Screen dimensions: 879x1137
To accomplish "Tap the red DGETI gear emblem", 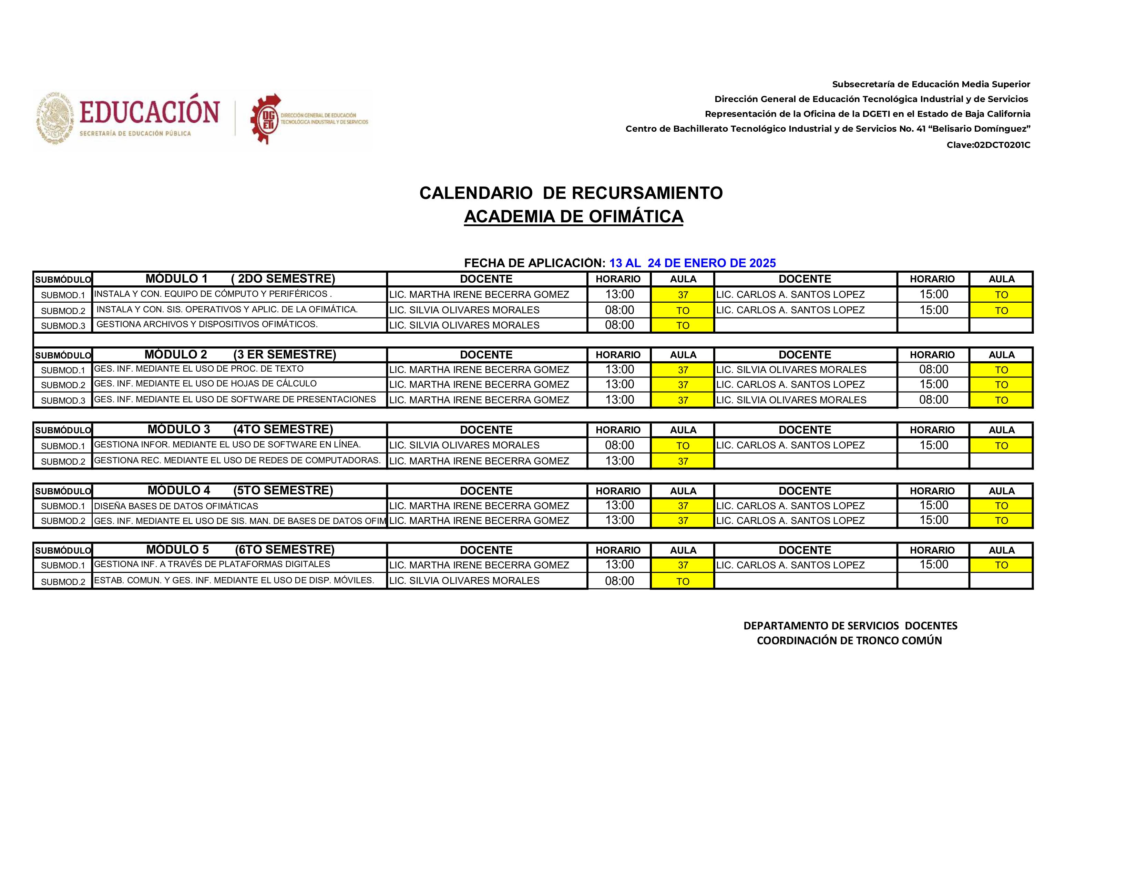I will pos(266,119).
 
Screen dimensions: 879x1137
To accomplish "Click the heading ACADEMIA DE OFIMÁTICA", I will pos(573,216).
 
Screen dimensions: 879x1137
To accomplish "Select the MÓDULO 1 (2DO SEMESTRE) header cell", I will pos(239,279).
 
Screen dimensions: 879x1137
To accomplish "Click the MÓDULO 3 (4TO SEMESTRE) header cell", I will pos(239,430).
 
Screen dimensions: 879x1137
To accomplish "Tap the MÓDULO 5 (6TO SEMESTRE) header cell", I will pos(239,550).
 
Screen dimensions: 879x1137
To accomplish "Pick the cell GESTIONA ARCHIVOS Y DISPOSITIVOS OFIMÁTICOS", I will pos(207,324).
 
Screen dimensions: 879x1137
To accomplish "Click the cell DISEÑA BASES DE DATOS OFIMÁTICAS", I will pos(176,506).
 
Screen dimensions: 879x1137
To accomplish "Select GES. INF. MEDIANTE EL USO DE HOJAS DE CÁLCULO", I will pos(205,384).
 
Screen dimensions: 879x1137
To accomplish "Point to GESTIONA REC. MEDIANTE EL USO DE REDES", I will pos(237,460).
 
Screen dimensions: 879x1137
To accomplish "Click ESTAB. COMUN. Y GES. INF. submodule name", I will pos(234,580).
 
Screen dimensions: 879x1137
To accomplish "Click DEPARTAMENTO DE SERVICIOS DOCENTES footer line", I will pos(850,626).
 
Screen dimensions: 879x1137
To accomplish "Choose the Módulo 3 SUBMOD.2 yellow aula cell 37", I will pos(683,461).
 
